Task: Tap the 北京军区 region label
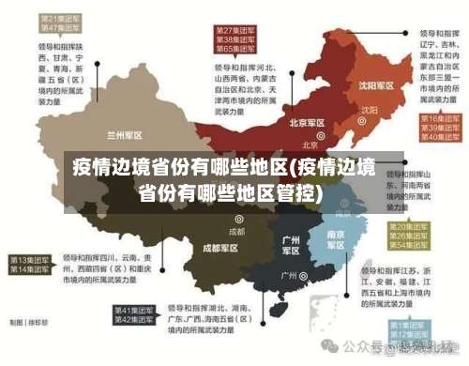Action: tap(307, 123)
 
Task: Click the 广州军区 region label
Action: tap(292, 245)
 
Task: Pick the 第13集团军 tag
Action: tap(30, 259)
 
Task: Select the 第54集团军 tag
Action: tap(410, 247)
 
